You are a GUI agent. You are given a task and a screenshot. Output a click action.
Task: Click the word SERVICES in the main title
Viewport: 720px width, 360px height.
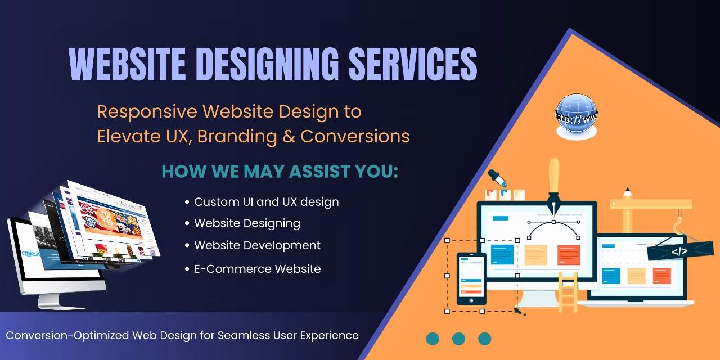[x=413, y=64]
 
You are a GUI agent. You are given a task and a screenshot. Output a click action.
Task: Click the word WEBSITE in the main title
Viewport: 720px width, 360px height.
[x=127, y=64]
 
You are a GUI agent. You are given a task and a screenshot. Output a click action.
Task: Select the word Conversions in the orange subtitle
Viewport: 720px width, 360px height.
[x=355, y=136]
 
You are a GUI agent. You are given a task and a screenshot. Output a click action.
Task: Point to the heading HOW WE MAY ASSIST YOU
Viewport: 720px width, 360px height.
[x=280, y=171]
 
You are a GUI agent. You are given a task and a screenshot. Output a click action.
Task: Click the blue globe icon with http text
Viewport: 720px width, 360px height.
[x=577, y=116]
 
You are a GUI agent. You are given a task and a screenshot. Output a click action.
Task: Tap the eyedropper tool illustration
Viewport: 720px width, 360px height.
[x=497, y=178]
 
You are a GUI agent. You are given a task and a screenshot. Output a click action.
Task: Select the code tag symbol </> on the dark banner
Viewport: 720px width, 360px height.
[x=679, y=251]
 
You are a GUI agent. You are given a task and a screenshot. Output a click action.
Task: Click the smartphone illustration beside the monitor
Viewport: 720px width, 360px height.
[x=471, y=278]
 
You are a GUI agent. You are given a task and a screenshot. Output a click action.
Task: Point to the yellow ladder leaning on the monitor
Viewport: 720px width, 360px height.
[x=568, y=292]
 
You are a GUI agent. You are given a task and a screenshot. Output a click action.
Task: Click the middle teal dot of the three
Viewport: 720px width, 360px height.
[x=458, y=339]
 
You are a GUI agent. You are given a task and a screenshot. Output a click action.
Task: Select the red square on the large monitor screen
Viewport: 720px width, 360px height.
[x=569, y=255]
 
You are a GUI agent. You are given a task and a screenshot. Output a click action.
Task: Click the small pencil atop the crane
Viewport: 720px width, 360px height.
[x=627, y=193]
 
